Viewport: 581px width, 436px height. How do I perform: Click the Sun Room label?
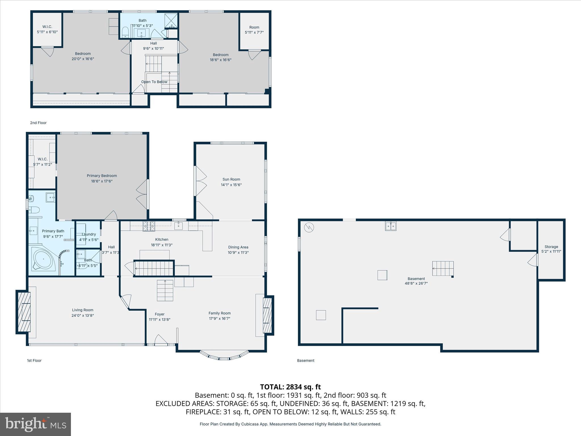click(231, 179)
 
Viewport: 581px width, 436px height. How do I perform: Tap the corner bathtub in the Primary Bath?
click(43, 259)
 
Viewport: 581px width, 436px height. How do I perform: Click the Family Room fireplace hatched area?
click(267, 315)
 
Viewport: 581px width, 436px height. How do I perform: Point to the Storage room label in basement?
click(551, 247)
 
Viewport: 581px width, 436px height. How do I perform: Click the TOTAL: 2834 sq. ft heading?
click(290, 387)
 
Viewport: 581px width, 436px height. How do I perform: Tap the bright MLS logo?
click(35, 424)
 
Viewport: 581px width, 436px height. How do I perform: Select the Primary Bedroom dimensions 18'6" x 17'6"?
click(102, 181)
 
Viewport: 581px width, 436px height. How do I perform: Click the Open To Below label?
click(154, 82)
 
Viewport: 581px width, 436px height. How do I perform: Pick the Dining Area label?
click(238, 247)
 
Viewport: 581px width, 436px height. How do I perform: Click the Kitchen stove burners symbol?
click(149, 226)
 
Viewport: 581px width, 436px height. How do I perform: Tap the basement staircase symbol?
click(443, 269)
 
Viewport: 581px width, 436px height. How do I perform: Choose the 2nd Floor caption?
click(38, 123)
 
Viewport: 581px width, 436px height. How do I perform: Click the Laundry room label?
click(89, 234)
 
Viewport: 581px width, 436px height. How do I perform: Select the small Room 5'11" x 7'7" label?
click(254, 28)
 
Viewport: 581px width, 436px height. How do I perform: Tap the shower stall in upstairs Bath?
click(171, 21)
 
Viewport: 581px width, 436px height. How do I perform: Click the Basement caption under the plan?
click(306, 360)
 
